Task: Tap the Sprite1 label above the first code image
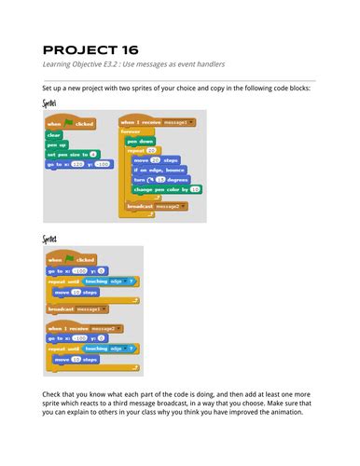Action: [x=50, y=103]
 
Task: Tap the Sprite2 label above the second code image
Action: [x=50, y=240]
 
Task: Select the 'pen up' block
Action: [x=56, y=144]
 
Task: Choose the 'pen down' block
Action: [x=142, y=141]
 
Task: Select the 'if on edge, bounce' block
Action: [x=159, y=170]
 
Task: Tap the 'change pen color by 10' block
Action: [x=168, y=189]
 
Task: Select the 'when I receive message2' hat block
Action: [x=85, y=329]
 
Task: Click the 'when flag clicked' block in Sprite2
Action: [x=71, y=260]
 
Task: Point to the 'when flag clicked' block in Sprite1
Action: [x=71, y=123]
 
